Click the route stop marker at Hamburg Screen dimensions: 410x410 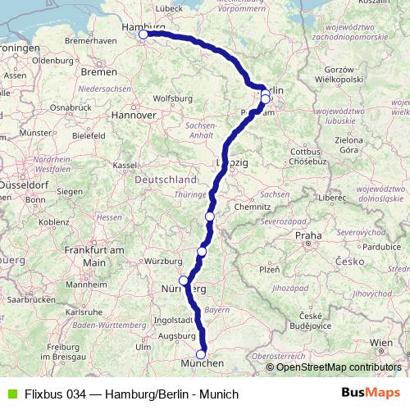point(143,34)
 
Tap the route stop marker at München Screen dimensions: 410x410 point(201,354)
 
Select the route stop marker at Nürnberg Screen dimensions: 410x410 point(184,280)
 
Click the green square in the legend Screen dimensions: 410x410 point(10,394)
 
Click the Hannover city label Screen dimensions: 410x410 point(134,115)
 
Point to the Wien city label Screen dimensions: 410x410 point(381,341)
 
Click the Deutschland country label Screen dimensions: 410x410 point(166,179)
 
